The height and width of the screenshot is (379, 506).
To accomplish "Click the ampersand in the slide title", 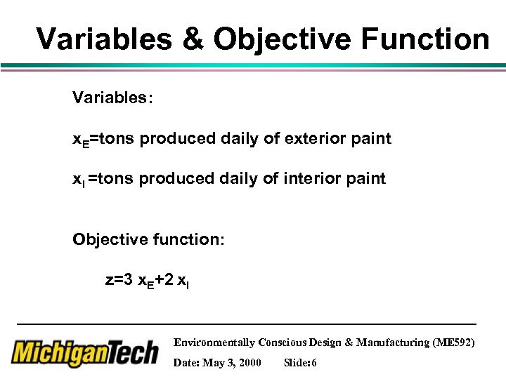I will point(192,39).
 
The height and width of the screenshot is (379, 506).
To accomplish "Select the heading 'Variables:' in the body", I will point(112,98).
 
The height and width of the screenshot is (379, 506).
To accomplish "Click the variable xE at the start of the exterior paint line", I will point(81,140).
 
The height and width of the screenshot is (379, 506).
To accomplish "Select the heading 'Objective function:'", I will point(148,239).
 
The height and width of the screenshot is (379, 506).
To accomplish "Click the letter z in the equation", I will point(109,280).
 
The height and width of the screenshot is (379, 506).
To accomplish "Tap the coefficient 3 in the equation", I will point(128,279).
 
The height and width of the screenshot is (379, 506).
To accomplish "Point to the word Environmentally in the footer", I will point(214,343).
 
